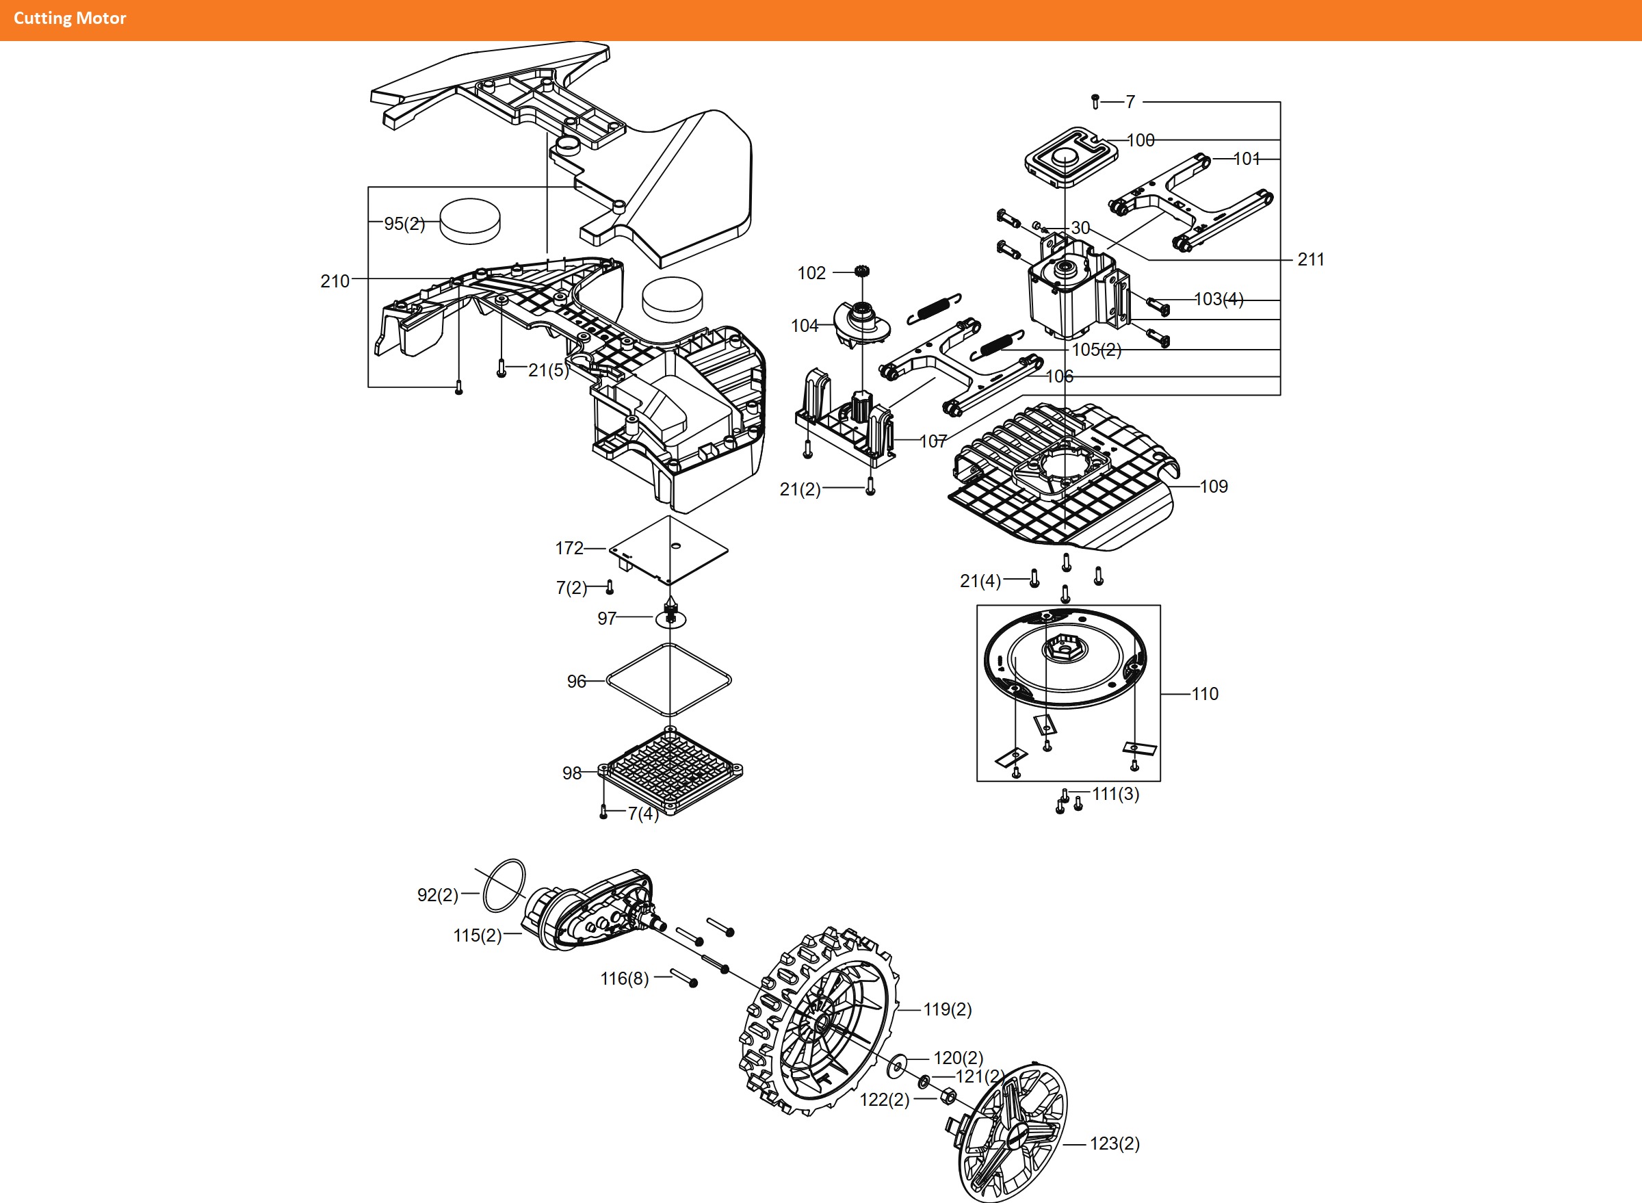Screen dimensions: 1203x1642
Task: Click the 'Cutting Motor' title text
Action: click(70, 18)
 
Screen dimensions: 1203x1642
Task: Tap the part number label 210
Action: click(335, 281)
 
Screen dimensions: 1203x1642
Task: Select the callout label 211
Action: click(1310, 259)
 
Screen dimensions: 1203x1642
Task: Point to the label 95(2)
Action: click(404, 224)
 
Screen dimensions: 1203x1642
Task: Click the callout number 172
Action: click(569, 547)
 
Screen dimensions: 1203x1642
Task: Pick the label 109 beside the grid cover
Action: click(1213, 487)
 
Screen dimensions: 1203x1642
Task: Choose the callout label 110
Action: click(1204, 694)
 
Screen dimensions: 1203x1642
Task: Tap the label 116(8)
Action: click(624, 978)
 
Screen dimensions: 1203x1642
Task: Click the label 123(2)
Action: click(1114, 1143)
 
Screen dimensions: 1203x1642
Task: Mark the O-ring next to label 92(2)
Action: click(504, 885)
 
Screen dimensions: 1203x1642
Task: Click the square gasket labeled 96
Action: click(669, 680)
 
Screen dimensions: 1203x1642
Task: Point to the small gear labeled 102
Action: click(862, 272)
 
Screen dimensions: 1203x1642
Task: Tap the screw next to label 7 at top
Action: click(1095, 101)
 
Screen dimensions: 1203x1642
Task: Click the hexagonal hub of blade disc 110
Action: click(1064, 647)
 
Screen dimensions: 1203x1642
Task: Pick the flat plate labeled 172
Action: click(668, 549)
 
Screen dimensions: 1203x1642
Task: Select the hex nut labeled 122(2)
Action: click(948, 1096)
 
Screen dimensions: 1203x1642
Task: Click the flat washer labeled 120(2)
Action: click(898, 1066)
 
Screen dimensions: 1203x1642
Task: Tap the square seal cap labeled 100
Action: click(1071, 155)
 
